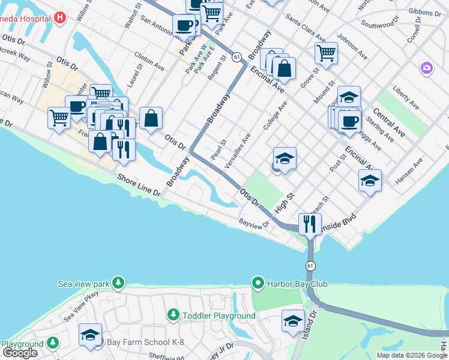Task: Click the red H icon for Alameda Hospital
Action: coord(59,17)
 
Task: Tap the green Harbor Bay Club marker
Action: coord(258,283)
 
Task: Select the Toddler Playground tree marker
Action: coord(173,315)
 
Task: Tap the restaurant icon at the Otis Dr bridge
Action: coord(310,224)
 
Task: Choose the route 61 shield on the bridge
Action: coord(310,265)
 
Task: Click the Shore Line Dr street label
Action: coord(139,186)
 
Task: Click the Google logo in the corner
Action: coord(20,353)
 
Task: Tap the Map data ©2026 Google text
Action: coord(412,355)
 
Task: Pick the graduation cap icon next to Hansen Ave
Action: coord(370,180)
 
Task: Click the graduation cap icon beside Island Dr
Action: coord(293,320)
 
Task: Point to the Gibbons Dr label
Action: coord(423,12)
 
